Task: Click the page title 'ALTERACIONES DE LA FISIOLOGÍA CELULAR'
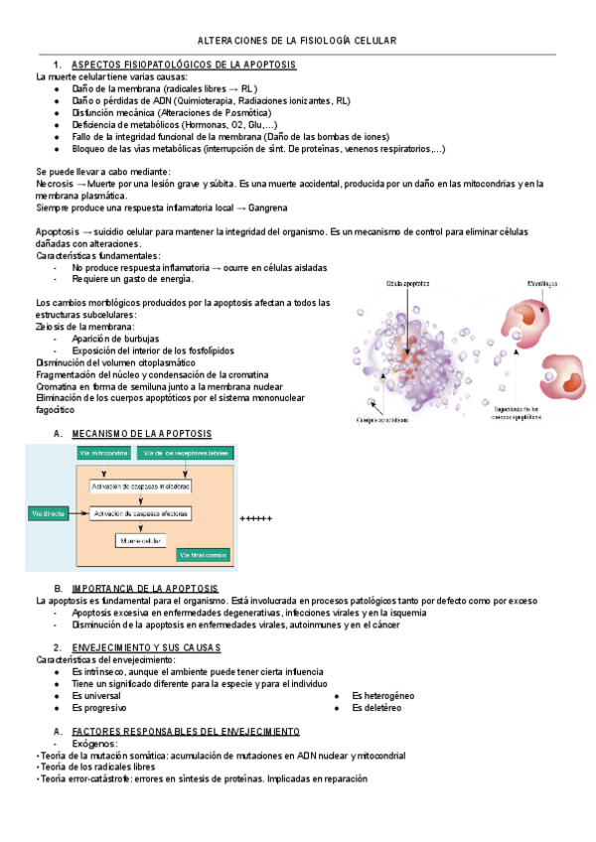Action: point(297,41)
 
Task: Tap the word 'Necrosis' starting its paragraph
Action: point(54,185)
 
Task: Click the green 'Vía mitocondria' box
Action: point(104,453)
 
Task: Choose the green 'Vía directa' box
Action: point(48,513)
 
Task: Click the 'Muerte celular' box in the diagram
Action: point(139,540)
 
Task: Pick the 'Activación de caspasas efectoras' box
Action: point(140,513)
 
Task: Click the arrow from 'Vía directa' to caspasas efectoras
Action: point(77,513)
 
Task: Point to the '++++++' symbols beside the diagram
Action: point(256,519)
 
